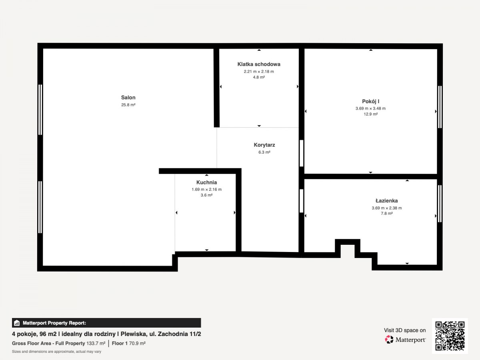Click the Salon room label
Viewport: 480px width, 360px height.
point(128,98)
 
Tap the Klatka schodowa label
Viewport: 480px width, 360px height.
point(259,64)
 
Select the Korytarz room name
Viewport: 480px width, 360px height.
point(264,145)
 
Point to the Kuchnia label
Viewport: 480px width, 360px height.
point(206,182)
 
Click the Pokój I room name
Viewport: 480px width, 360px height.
point(370,102)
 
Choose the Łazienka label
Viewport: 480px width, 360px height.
point(387,201)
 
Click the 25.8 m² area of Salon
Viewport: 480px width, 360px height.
point(128,105)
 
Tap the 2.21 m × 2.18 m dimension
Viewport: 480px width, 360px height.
point(259,72)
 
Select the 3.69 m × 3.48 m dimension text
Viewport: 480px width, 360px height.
point(370,108)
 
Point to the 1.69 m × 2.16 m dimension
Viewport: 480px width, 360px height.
point(206,190)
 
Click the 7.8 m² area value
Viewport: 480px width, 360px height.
point(387,213)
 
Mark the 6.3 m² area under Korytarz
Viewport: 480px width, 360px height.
point(264,152)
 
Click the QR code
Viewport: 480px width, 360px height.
point(450,336)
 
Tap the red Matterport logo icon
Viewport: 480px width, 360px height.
point(389,340)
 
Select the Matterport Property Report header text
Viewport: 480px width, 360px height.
point(54,323)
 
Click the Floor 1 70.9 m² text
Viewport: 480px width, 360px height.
point(128,343)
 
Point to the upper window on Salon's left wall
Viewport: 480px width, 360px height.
point(40,110)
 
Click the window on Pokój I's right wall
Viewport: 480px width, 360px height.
point(440,107)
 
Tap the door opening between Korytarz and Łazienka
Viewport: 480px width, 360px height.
point(301,201)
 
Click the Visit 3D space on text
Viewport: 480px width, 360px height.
point(405,330)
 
